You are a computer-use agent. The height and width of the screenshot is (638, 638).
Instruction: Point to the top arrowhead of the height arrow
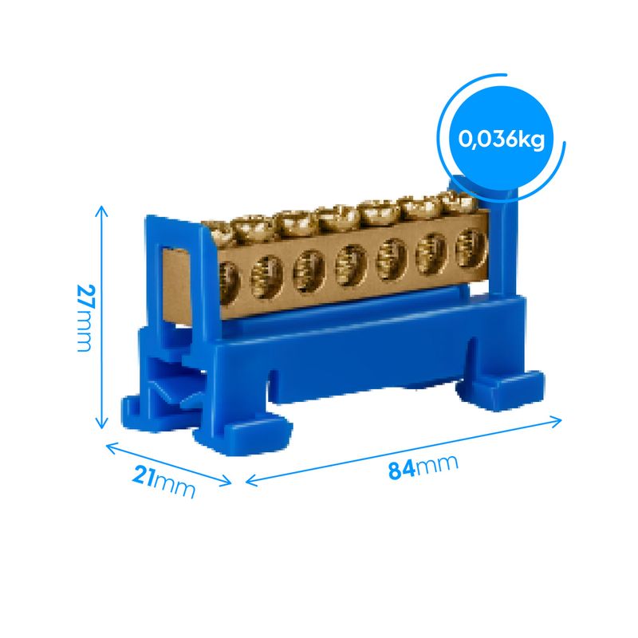tap(101, 209)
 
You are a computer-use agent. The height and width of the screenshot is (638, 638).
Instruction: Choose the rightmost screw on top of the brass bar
tap(455, 203)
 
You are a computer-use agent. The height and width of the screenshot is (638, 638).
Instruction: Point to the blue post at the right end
tap(505, 239)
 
